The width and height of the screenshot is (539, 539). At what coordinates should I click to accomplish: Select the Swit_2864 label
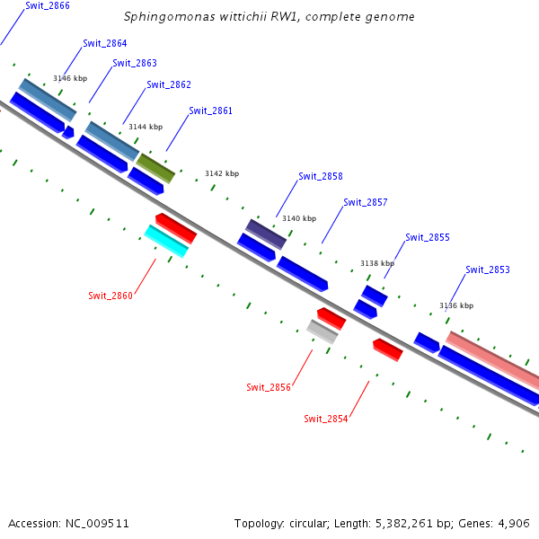(x=104, y=43)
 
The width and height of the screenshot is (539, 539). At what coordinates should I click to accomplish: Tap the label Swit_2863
(x=135, y=63)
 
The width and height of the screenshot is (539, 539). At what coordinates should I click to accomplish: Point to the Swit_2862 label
(x=169, y=84)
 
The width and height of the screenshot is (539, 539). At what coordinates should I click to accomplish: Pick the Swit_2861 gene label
(x=210, y=110)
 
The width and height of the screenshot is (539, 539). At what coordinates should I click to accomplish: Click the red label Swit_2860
(x=110, y=296)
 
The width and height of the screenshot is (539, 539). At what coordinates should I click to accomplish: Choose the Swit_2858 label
(x=321, y=176)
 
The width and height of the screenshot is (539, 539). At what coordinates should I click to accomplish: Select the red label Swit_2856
(x=269, y=387)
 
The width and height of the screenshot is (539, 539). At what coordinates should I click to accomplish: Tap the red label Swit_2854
(x=326, y=419)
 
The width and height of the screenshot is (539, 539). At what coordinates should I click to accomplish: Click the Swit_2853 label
(x=488, y=269)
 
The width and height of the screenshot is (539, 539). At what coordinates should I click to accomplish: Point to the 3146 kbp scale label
(x=70, y=78)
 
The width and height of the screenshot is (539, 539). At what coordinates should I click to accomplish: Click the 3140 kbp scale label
(x=299, y=218)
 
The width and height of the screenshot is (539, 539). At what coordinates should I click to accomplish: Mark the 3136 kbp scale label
(x=455, y=305)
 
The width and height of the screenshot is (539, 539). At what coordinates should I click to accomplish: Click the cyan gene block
(x=167, y=241)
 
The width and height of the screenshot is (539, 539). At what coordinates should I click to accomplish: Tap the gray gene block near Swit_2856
(x=322, y=331)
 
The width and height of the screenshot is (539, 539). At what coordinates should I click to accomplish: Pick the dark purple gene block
(x=267, y=234)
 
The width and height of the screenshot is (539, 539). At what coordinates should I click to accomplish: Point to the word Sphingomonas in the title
(x=163, y=16)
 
